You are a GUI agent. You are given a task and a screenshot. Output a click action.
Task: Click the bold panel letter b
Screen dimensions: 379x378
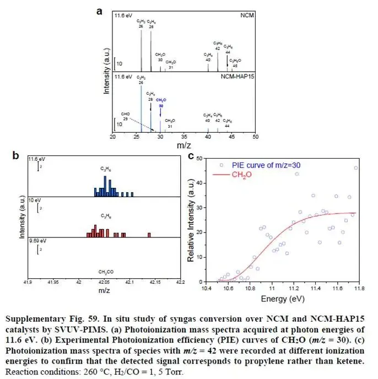tap(17, 156)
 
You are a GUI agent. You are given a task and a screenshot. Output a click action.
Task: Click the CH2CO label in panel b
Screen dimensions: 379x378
tap(105, 272)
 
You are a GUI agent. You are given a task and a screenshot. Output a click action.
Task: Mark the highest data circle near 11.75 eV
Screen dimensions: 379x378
tap(355, 168)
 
